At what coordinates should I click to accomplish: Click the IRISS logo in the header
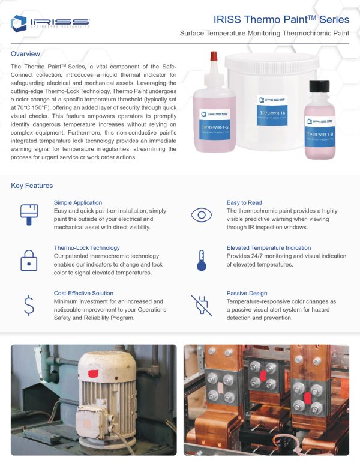50,23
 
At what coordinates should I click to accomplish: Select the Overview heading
26,54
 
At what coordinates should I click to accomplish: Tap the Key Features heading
32,186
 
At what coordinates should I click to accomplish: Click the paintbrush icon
28,213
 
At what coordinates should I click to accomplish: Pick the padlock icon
28,260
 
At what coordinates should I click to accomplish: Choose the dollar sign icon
28,305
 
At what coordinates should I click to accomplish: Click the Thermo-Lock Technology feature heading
86,247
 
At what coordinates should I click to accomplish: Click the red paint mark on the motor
93,374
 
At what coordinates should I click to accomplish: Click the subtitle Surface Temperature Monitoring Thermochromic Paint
264,34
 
